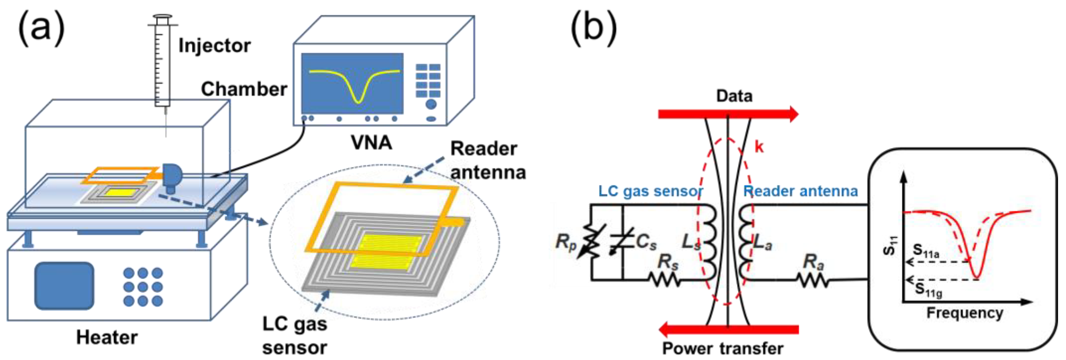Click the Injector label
pos(214,46)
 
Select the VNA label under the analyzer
pos(371,143)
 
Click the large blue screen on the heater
pos(64,286)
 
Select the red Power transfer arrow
pos(728,329)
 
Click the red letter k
pos(759,147)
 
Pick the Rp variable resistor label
pos(566,242)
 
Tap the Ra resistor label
pos(813,262)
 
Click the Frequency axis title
pos(964,313)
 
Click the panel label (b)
pos(594,28)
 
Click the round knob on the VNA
pos(431,104)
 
